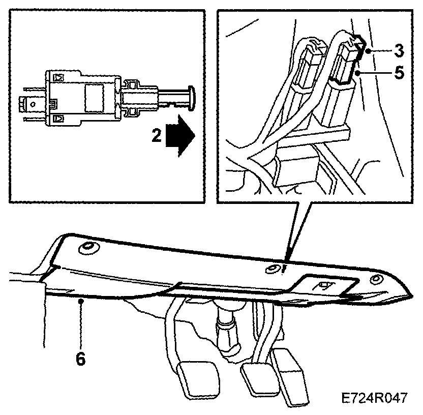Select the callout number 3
(400, 51)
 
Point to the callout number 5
(400, 73)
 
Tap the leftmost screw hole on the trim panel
(86, 249)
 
